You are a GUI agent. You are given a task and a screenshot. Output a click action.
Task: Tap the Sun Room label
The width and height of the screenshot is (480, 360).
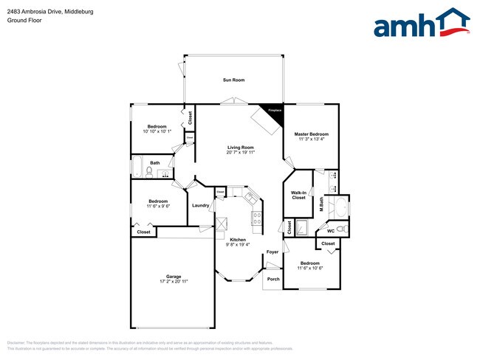coord(233,80)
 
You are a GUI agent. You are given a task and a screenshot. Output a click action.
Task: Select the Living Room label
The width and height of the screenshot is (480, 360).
coord(240,148)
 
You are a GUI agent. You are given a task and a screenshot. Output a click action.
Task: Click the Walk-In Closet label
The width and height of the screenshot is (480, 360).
coord(298,195)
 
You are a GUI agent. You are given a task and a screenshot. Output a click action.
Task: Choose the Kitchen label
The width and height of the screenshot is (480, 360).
coord(238,240)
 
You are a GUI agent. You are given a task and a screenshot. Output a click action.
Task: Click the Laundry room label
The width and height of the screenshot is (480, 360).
coord(199,206)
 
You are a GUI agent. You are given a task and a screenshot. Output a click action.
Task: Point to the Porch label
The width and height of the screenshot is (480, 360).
coord(272,279)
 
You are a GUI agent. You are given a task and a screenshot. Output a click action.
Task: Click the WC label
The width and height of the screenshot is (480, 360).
coord(330,231)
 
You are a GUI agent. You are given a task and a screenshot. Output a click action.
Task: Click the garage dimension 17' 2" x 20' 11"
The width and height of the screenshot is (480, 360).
coord(174,282)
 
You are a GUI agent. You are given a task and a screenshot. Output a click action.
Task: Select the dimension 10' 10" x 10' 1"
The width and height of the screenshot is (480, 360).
coord(157,131)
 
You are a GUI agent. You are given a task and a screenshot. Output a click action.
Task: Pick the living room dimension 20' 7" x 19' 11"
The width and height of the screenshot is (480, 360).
coord(240,153)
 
